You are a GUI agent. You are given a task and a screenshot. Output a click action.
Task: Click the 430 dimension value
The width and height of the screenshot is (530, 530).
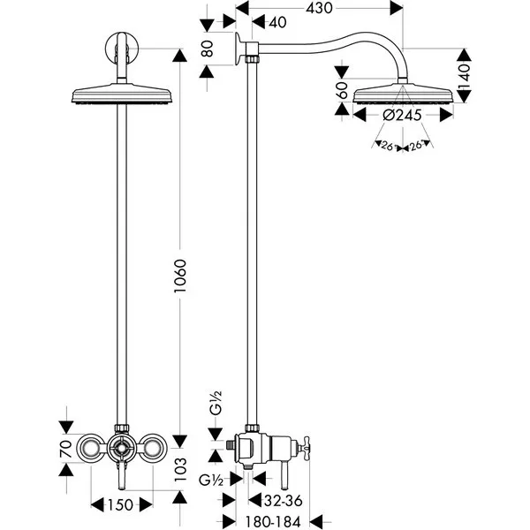pyautogui.click(x=319, y=8)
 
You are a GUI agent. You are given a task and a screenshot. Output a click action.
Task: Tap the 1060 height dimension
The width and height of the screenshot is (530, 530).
pyautogui.click(x=180, y=276)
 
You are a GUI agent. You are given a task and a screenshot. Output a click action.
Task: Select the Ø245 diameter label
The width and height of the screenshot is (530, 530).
pyautogui.click(x=402, y=115)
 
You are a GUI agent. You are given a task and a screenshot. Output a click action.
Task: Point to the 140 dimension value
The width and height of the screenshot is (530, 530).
pyautogui.click(x=465, y=76)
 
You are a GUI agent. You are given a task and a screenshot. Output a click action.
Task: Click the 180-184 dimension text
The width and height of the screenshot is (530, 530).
pyautogui.click(x=272, y=521)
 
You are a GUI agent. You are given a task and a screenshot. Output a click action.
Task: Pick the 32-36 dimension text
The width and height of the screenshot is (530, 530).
pyautogui.click(x=284, y=501)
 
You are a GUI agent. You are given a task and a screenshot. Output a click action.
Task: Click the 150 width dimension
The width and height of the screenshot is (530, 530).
pyautogui.click(x=121, y=505)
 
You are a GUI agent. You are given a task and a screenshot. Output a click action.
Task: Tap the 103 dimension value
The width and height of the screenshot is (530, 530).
pyautogui.click(x=180, y=470)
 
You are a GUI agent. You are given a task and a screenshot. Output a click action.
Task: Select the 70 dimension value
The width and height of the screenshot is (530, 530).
pyautogui.click(x=66, y=449)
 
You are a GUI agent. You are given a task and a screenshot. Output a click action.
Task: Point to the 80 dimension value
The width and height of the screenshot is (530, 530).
pyautogui.click(x=207, y=49)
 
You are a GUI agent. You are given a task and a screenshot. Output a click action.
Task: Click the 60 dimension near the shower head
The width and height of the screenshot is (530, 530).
pyautogui.click(x=342, y=90)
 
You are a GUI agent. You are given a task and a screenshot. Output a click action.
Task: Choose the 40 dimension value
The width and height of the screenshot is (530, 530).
pyautogui.click(x=278, y=22)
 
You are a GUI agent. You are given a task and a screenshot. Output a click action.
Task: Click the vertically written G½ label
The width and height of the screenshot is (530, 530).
pyautogui.click(x=216, y=403)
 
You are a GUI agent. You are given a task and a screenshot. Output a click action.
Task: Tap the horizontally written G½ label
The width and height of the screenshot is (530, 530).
pyautogui.click(x=211, y=480)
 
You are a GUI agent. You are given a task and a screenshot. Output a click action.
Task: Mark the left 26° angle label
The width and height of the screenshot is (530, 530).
pyautogui.click(x=388, y=146)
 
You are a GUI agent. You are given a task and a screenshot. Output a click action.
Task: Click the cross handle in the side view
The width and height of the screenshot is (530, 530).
pyautogui.click(x=304, y=449)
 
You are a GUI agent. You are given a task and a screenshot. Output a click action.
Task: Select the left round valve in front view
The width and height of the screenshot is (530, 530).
pyautogui.click(x=91, y=448)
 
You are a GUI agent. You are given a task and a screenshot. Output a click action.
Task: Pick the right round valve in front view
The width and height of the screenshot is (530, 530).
pyautogui.click(x=153, y=448)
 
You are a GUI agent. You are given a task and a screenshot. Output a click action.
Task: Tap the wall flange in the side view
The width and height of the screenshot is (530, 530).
pyautogui.click(x=239, y=48)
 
